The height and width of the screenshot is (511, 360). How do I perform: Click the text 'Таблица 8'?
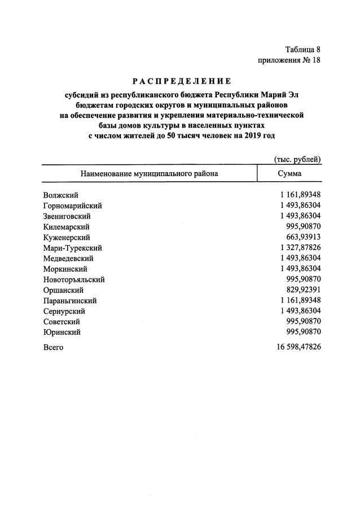pyautogui.click(x=302, y=50)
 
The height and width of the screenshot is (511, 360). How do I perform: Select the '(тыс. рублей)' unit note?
pyautogui.click(x=297, y=160)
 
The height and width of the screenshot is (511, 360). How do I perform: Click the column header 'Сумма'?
pyautogui.click(x=289, y=174)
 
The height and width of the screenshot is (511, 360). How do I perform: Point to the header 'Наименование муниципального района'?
pyautogui.click(x=149, y=174)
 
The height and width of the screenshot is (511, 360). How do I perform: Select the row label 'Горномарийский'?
pyautogui.click(x=72, y=206)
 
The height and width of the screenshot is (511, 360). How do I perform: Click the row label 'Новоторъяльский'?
pyautogui.click(x=74, y=279)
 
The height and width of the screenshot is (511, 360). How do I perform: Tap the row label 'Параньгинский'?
pyautogui.click(x=70, y=300)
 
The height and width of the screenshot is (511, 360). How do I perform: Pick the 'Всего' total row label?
pyautogui.click(x=53, y=347)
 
